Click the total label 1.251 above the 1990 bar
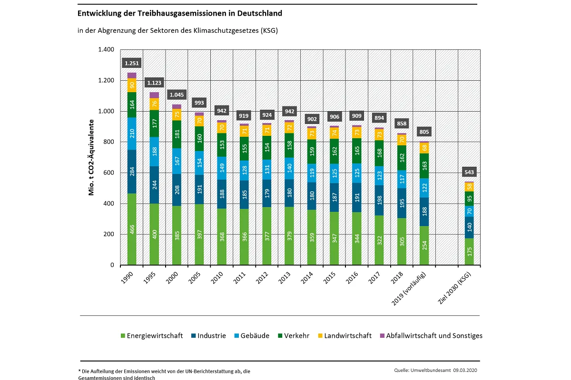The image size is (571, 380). tap(131, 63)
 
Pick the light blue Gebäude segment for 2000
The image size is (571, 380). tap(177, 161)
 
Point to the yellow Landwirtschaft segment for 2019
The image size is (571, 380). tap(424, 148)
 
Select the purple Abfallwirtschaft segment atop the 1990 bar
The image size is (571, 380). tap(131, 76)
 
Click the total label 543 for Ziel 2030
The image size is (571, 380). tap(469, 171)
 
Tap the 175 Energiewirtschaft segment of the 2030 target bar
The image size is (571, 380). tap(469, 251)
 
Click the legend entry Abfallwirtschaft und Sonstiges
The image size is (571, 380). tap(431, 335)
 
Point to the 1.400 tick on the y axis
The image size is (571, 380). tap(106, 49)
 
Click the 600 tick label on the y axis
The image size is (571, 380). tap(109, 172)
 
